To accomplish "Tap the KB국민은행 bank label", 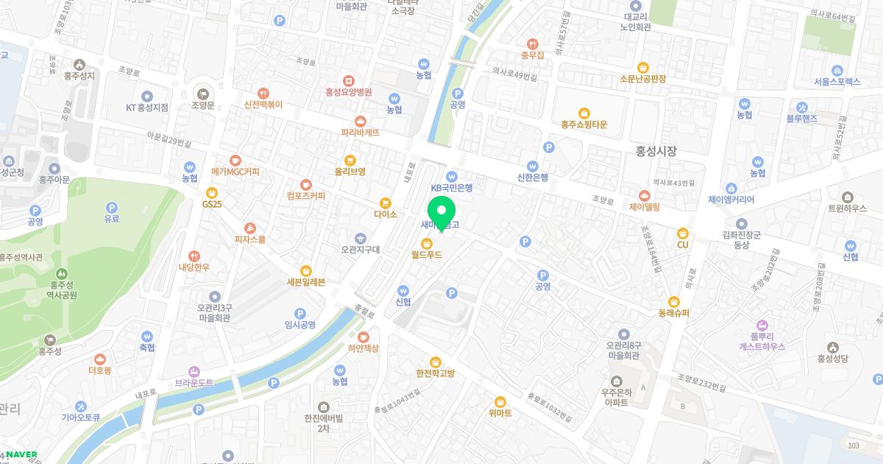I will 451,188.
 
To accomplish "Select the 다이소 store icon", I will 385,203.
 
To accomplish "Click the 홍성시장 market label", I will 656,151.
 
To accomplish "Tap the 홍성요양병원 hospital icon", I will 349,80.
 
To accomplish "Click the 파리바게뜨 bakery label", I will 360,133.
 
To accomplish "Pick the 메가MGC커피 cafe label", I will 235,172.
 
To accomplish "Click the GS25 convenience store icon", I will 211,191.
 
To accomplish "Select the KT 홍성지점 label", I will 147,107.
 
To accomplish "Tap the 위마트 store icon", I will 500,401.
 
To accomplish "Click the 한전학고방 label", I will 436,373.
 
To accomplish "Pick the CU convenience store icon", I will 682,232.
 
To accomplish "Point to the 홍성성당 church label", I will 833,359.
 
